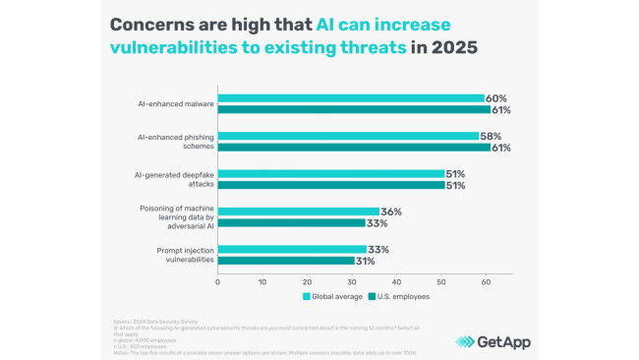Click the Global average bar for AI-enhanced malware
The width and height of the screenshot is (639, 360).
tap(351, 98)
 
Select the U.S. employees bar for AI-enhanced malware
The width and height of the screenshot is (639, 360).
tap(353, 110)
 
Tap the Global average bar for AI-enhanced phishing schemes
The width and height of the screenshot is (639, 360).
tap(347, 136)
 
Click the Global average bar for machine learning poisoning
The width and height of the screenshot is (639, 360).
tap(298, 211)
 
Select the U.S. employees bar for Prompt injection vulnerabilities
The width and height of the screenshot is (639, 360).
tap(286, 261)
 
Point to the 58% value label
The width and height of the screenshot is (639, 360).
tap(494, 136)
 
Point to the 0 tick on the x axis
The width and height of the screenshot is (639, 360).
tap(218, 280)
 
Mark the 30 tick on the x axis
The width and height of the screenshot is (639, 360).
tap(352, 280)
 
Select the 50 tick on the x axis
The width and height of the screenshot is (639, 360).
tap(441, 280)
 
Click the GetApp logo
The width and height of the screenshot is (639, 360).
tap(494, 340)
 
